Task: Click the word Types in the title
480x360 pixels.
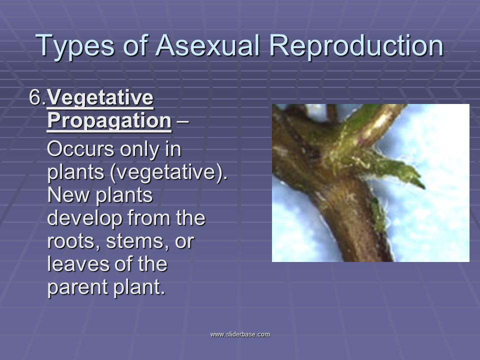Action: (75, 46)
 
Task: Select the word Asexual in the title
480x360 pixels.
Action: (208, 45)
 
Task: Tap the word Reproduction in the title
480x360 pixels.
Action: (356, 46)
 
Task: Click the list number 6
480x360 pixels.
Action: (37, 97)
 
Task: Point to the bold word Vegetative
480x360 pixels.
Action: (100, 98)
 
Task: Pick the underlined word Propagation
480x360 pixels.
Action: (109, 121)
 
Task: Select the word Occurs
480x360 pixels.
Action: (80, 149)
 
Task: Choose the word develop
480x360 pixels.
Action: (84, 218)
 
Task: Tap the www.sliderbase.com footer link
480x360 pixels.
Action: (240, 334)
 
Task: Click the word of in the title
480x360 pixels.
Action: (136, 45)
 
